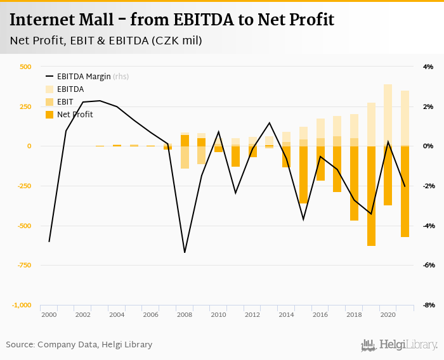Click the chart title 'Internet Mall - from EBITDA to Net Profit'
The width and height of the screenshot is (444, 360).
[172, 20]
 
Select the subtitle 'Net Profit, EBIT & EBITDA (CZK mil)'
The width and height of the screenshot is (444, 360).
[106, 41]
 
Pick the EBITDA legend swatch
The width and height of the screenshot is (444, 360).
[50, 89]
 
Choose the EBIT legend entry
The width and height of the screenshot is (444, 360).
[65, 102]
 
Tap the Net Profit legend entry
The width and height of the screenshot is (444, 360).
[75, 115]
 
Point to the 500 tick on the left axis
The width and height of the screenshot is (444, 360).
[25, 67]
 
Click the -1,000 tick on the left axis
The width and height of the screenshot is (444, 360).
[22, 305]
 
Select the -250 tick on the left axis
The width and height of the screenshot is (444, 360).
[23, 186]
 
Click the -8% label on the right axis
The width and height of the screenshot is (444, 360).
[428, 305]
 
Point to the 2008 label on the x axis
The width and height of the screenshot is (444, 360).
[185, 315]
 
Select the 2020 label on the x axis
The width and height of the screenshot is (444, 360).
[388, 315]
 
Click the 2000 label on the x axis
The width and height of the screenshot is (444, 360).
[49, 315]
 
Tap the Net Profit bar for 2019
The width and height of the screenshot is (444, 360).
[371, 196]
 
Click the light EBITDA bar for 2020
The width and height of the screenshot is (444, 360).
[388, 114]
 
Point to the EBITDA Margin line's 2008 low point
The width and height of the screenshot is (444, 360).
[185, 252]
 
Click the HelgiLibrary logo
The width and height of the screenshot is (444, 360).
[400, 345]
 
